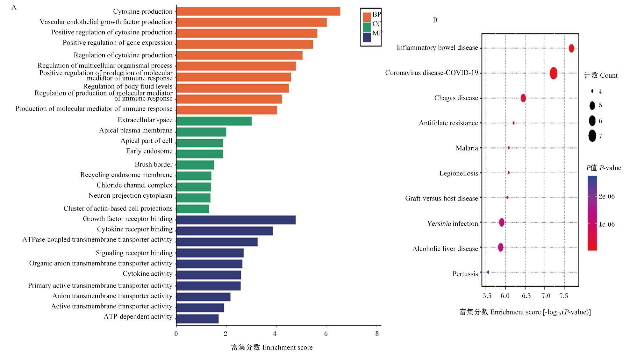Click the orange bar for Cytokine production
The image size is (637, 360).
258,11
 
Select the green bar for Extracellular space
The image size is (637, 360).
214,121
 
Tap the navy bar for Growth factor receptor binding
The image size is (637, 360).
236,220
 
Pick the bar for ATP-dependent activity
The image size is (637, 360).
197,319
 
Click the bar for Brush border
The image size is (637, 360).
195,165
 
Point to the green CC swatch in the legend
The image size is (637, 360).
367,27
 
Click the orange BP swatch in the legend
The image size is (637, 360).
367,17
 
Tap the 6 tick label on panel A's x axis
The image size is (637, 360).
326,334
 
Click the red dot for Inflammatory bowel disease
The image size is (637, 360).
571,48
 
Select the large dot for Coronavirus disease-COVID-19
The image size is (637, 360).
554,73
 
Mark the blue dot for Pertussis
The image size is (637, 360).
488,272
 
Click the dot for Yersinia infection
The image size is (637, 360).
502,222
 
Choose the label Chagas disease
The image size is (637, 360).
456,98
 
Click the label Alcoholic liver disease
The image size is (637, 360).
445,249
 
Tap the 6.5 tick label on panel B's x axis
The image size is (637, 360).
526,296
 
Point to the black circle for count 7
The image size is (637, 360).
592,136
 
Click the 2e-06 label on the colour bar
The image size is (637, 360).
607,196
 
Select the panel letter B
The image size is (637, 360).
435,20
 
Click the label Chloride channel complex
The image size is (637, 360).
134,185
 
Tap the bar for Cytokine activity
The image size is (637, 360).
209,275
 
